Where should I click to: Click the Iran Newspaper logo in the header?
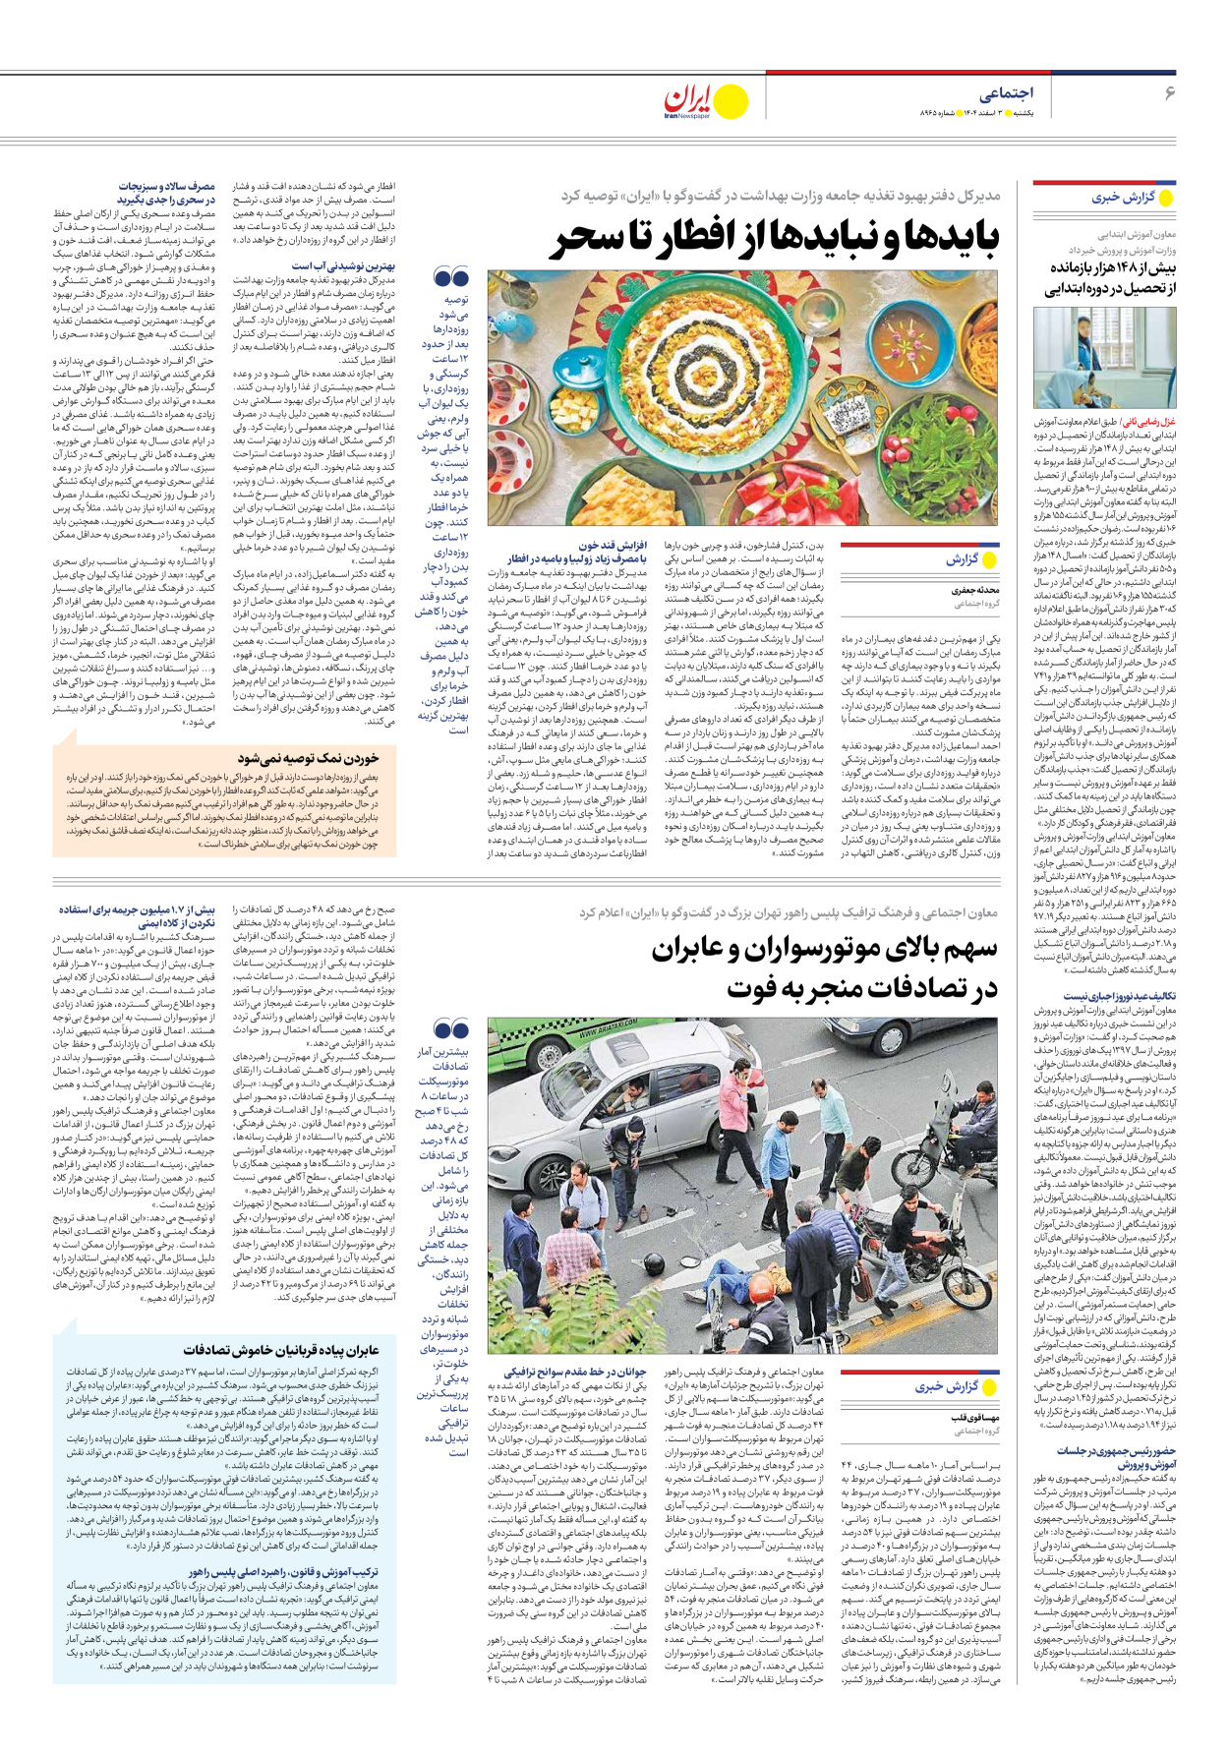704,101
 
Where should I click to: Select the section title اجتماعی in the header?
1006,93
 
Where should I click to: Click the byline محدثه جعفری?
975,591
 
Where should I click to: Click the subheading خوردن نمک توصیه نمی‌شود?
308,758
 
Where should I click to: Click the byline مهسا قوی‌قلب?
974,1418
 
